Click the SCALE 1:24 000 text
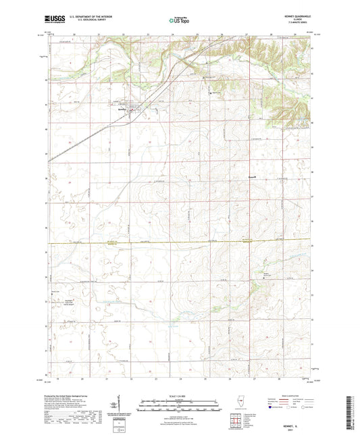[180, 395]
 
